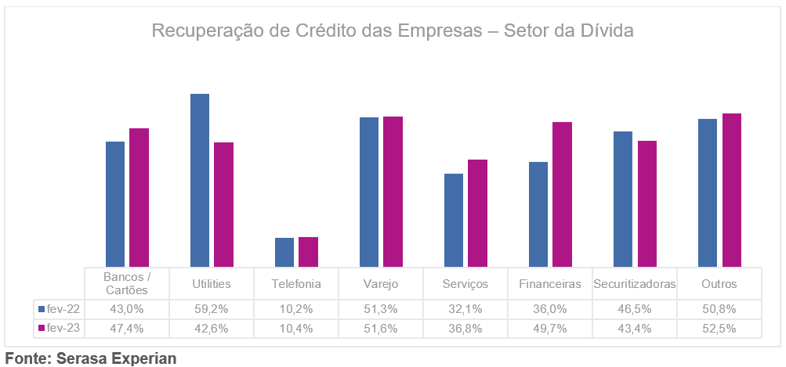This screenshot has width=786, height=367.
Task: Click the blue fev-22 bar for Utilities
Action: [200, 180]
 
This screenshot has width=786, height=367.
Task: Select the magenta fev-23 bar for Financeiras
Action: [562, 194]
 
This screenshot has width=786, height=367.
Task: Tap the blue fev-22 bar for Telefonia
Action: [284, 252]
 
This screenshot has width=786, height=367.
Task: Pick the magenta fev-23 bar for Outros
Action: [731, 190]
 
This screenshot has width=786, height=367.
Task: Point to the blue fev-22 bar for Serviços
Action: [454, 221]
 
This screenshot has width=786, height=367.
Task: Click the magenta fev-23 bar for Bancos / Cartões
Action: [139, 198]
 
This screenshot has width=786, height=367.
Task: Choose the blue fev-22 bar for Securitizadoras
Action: [623, 200]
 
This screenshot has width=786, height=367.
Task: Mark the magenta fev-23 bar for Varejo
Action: [393, 192]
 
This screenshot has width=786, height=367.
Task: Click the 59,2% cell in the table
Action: [212, 309]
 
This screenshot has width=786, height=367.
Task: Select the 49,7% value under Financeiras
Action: [550, 329]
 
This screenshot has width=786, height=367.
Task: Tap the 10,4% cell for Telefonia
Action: [296, 329]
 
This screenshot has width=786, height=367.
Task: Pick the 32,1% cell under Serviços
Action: [465, 309]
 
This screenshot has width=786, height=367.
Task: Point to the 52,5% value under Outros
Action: [719, 329]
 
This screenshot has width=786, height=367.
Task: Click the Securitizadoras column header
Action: [635, 284]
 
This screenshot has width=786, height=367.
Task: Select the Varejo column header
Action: [381, 284]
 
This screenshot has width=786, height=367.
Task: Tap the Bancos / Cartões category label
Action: [127, 283]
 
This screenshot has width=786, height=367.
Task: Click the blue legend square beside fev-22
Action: [42, 309]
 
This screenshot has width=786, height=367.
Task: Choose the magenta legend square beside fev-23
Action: [42, 329]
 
